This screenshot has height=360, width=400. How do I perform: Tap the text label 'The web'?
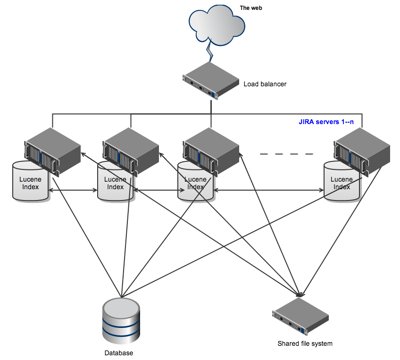tap(251, 8)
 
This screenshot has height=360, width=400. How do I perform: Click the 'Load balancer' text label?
tap(265, 84)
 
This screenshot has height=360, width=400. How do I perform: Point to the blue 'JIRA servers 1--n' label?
tap(326, 121)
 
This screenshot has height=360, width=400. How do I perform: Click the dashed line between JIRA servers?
tap(286, 154)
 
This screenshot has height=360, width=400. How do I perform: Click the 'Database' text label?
tap(118, 353)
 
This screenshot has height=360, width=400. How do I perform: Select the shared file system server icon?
tap(300, 316)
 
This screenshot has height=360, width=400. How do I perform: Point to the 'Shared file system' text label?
tap(305, 343)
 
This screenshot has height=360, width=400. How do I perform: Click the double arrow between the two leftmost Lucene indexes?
tap(73, 191)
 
